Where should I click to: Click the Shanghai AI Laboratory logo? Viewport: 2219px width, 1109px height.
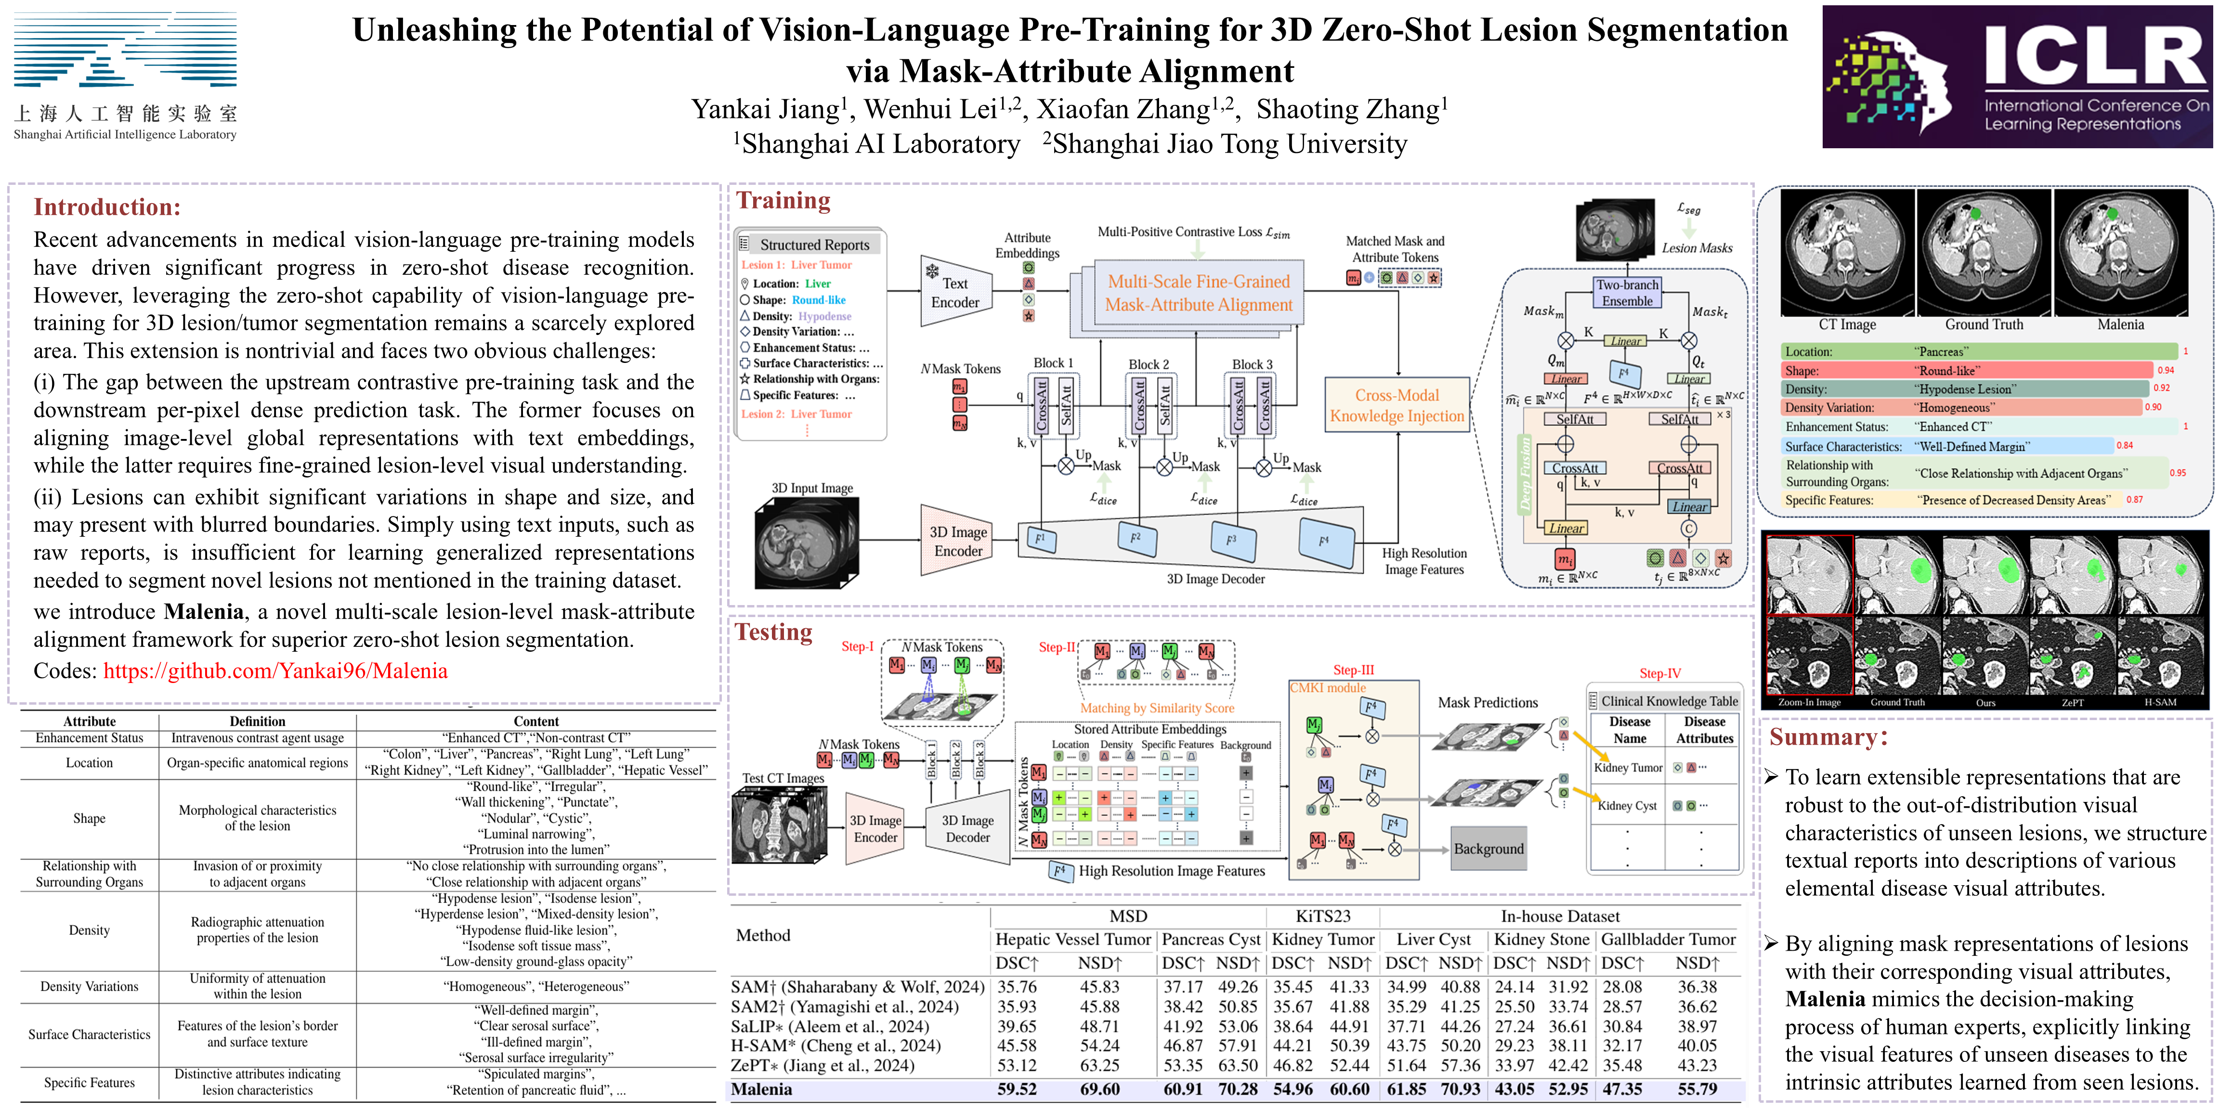click(x=125, y=76)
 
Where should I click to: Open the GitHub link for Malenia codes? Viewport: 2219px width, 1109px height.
click(x=275, y=671)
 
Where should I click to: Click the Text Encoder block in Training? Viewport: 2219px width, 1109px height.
click(x=954, y=293)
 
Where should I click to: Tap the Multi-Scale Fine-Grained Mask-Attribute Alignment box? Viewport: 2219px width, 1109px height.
click(x=1198, y=293)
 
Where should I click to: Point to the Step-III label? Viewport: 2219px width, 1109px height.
click(x=1353, y=670)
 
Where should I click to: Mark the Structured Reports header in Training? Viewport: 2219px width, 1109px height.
click(x=814, y=245)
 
